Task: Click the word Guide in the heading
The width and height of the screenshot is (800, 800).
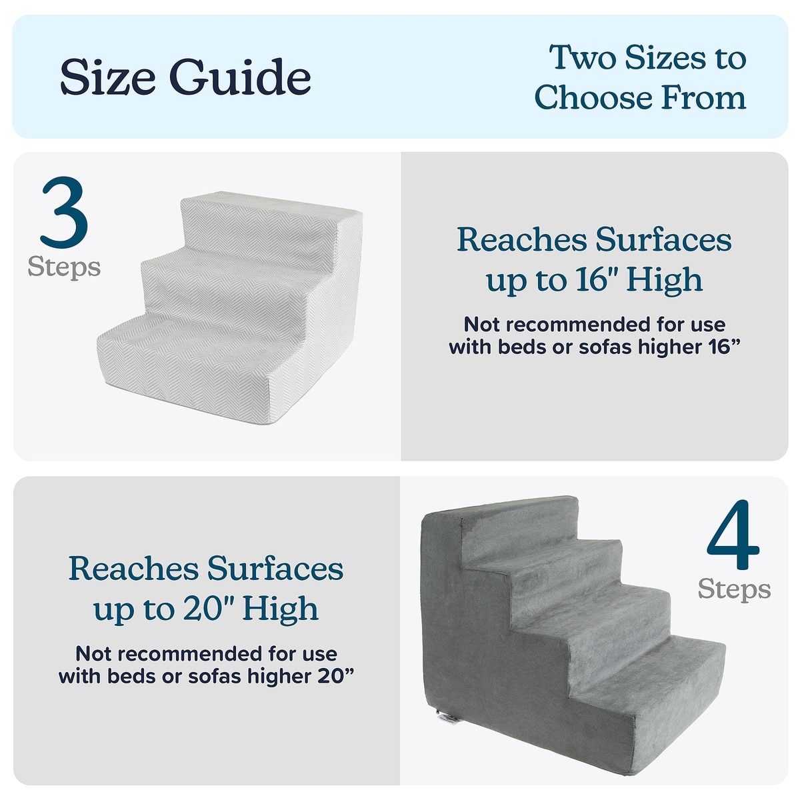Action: click(241, 77)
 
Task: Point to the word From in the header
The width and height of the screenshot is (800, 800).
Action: click(705, 97)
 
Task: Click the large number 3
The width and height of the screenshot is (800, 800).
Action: click(65, 213)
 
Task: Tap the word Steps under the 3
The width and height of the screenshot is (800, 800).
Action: click(65, 268)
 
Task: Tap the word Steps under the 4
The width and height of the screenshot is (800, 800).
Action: click(734, 589)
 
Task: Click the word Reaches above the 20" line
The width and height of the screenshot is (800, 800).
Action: click(134, 569)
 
